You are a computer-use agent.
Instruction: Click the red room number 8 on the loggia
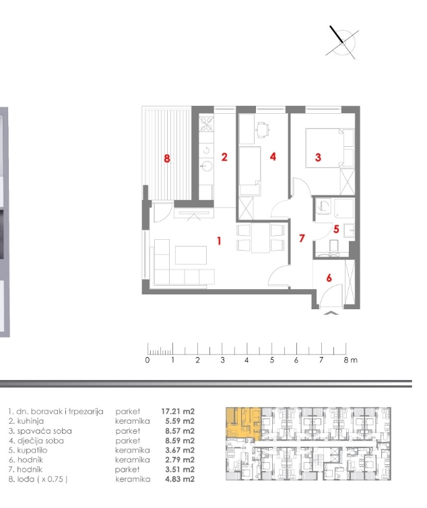tap(167, 158)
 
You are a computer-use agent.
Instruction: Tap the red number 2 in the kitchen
tap(224, 157)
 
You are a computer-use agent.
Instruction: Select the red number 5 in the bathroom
tap(336, 229)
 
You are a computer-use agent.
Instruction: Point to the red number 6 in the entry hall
tap(329, 278)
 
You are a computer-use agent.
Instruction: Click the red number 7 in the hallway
tap(302, 239)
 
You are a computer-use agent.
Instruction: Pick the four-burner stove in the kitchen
tap(206, 123)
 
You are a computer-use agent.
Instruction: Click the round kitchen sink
tap(206, 166)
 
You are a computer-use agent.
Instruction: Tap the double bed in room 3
tap(325, 148)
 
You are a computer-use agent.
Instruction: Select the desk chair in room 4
tap(263, 129)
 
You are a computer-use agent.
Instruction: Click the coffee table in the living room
tap(191, 255)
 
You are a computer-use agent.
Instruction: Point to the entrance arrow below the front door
tap(331, 313)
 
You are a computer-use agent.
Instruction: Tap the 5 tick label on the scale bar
tap(272, 360)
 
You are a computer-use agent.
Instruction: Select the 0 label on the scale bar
tap(147, 360)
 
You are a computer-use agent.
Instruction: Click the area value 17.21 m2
tap(178, 412)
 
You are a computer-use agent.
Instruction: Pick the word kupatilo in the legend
tap(32, 450)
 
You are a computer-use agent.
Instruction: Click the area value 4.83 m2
tap(180, 479)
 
